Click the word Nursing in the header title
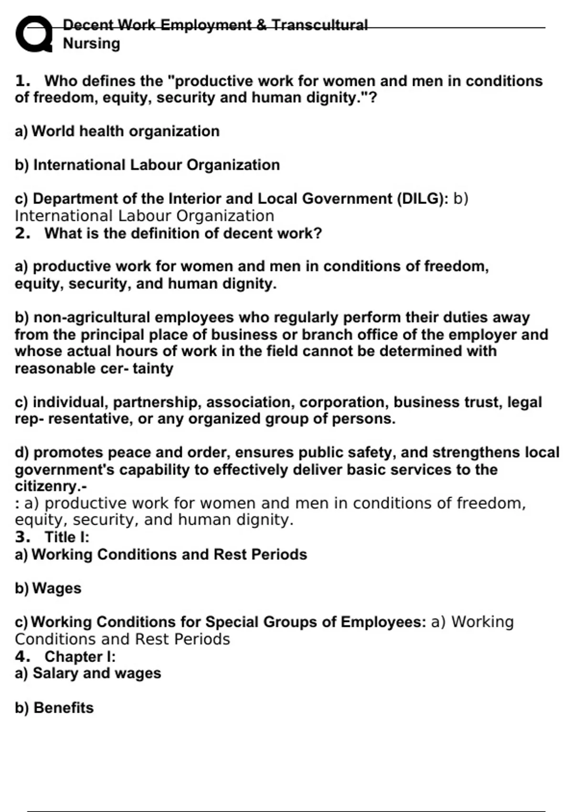tap(91, 43)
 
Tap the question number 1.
tap(22, 81)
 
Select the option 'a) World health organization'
tap(117, 131)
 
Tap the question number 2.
tap(22, 234)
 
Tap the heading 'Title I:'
tap(67, 537)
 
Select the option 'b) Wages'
tap(48, 588)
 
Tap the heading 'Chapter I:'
tap(80, 657)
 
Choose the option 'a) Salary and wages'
tap(88, 673)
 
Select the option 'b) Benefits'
tap(54, 708)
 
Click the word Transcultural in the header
tap(319, 25)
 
